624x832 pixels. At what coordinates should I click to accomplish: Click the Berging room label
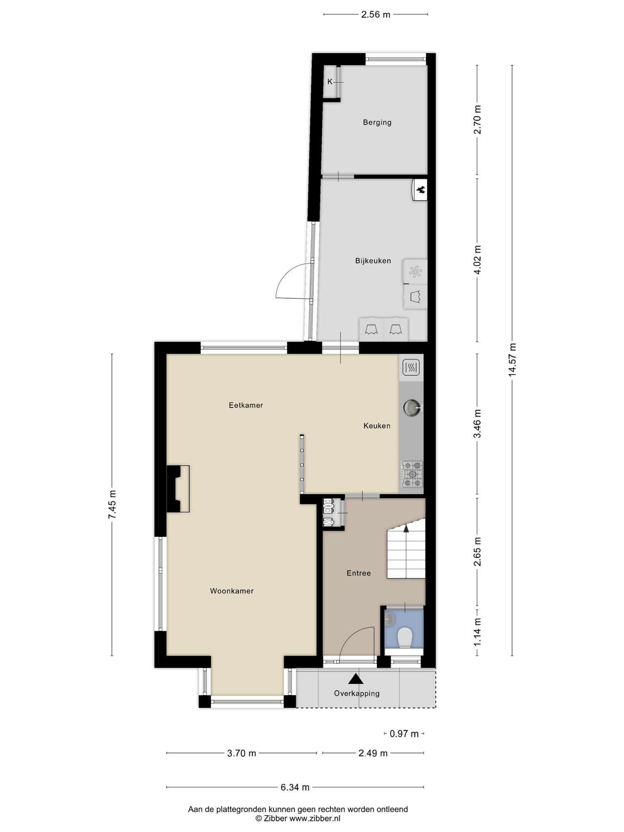(377, 122)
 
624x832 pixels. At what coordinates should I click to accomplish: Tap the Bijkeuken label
(373, 261)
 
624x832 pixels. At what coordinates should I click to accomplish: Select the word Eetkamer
(246, 405)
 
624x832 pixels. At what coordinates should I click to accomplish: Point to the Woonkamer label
(232, 591)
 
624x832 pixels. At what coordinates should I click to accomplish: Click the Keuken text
(377, 426)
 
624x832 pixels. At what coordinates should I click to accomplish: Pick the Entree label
(359, 573)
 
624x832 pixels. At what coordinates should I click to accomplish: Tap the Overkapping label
(357, 693)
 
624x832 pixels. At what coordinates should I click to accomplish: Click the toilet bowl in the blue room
(405, 638)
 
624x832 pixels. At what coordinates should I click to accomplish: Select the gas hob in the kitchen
(412, 474)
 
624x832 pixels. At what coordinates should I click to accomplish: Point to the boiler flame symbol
(421, 189)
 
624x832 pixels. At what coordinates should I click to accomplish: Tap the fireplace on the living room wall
(178, 489)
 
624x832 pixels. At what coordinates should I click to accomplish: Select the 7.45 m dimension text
(112, 504)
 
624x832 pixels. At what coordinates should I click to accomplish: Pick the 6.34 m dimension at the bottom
(295, 787)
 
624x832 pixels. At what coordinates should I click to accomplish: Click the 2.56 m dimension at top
(375, 15)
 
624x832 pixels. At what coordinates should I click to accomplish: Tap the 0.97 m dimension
(404, 733)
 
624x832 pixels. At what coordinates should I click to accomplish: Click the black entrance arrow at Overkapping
(356, 679)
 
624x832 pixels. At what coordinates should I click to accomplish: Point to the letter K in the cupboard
(330, 82)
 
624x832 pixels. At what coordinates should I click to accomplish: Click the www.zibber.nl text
(315, 818)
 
